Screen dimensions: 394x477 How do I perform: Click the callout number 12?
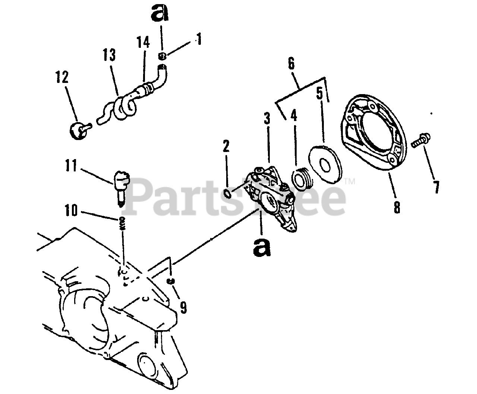(62, 77)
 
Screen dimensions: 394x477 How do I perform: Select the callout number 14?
(143, 42)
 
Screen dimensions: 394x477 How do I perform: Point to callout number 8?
(397, 207)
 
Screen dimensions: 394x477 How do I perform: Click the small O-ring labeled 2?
(228, 193)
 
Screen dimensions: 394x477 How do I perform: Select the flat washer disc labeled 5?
(325, 164)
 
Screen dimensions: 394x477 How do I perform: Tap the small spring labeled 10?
(122, 223)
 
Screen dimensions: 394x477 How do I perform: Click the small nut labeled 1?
(162, 56)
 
